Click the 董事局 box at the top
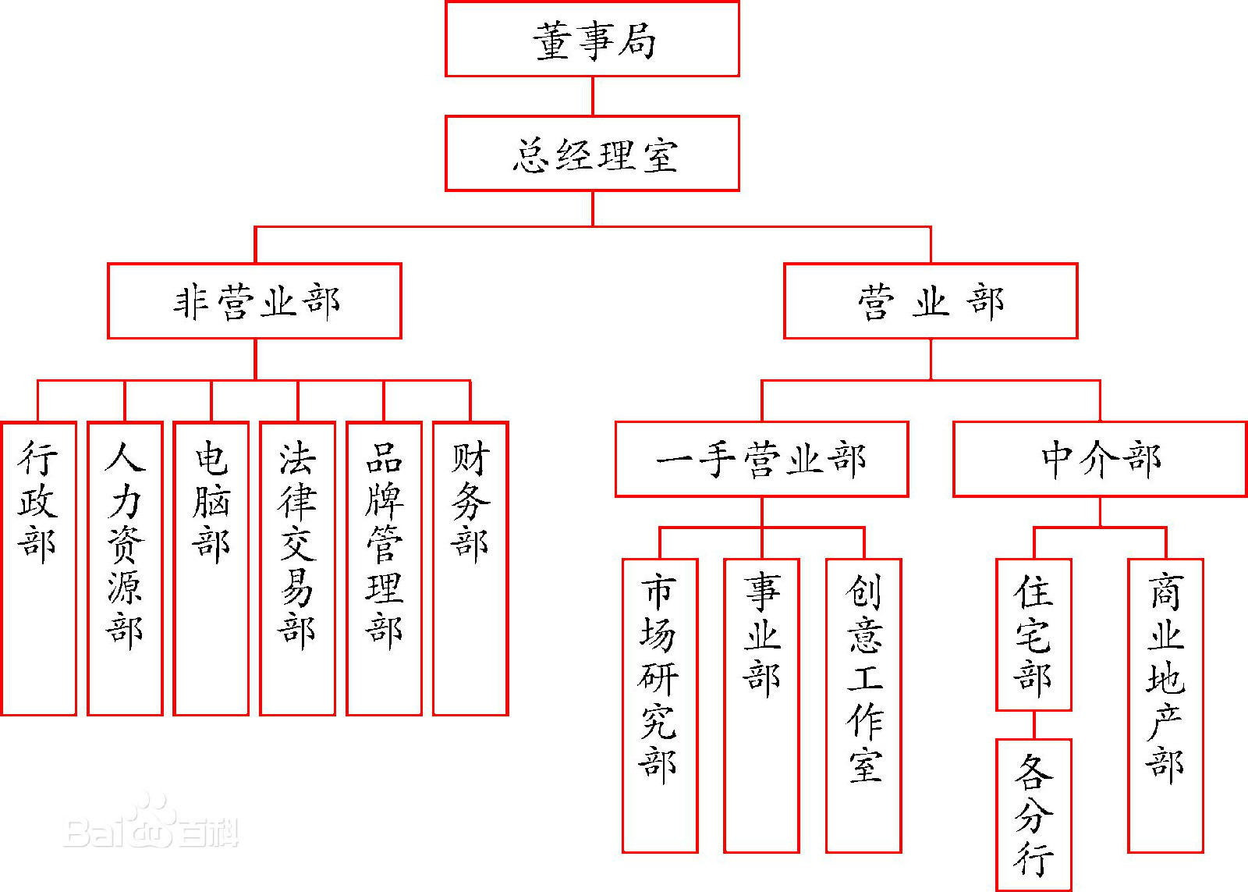pyautogui.click(x=592, y=39)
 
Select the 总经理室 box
pyautogui.click(x=592, y=154)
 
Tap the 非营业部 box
pyautogui.click(x=254, y=301)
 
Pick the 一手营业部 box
pyautogui.click(x=761, y=459)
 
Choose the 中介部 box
pyautogui.click(x=1100, y=459)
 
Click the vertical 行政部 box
pyautogui.click(x=38, y=568)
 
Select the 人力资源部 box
pyautogui.click(x=125, y=568)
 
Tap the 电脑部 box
pyautogui.click(x=211, y=568)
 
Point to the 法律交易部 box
pyautogui.click(x=297, y=568)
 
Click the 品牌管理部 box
pyautogui.click(x=384, y=568)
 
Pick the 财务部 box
pyautogui.click(x=470, y=568)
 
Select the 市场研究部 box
pyautogui.click(x=659, y=705)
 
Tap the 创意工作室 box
pyautogui.click(x=863, y=705)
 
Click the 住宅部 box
pyautogui.click(x=1033, y=634)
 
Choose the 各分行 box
pyautogui.click(x=1033, y=814)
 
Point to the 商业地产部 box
pyautogui.click(x=1165, y=705)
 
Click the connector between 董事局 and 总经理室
pyautogui.click(x=593, y=96)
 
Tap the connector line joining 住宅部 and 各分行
pyautogui.click(x=1034, y=725)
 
